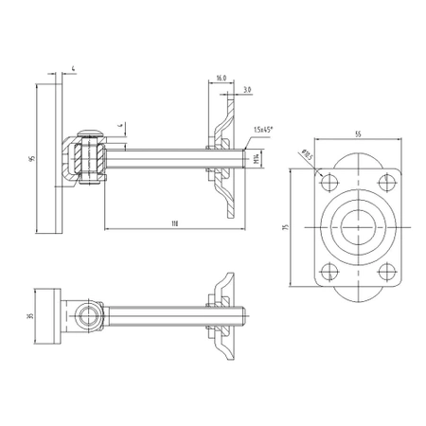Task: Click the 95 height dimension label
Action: [x=32, y=160]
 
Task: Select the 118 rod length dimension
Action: [x=175, y=223]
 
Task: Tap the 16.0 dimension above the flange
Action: [x=221, y=78]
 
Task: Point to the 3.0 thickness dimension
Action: [x=246, y=90]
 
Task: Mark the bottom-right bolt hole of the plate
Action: [x=383, y=271]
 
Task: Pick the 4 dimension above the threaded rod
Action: [x=120, y=124]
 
